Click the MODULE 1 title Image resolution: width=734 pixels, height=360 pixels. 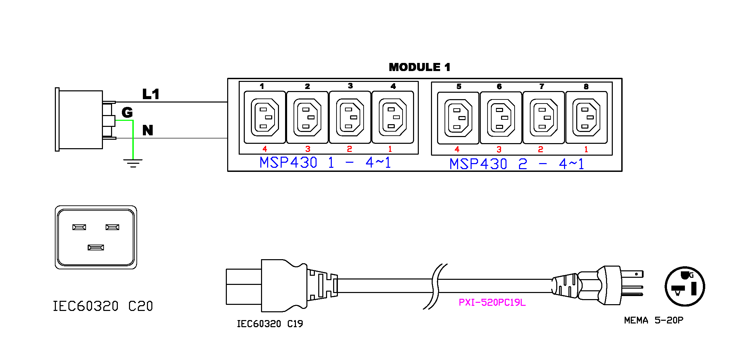(419, 67)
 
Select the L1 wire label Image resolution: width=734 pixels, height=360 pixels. (151, 94)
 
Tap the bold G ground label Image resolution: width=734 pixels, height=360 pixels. (127, 112)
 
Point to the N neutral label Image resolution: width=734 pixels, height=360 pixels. (148, 130)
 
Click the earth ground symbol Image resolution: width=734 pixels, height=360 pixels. (133, 163)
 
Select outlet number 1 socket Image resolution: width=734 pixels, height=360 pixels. (265, 117)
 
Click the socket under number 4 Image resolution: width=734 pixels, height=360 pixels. (393, 117)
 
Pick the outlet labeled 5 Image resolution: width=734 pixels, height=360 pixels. (458, 118)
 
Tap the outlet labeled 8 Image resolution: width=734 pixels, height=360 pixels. (586, 117)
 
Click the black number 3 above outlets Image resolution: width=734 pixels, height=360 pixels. (350, 86)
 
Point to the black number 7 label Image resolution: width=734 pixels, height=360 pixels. (542, 86)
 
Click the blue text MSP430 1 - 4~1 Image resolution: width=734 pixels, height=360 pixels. (325, 162)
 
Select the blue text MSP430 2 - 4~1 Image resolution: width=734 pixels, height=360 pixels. (517, 164)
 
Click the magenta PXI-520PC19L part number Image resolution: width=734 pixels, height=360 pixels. (492, 302)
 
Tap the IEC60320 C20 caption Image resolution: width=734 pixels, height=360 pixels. (103, 306)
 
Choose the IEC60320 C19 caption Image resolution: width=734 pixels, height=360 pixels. (270, 324)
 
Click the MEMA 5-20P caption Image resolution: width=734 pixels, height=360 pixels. (654, 320)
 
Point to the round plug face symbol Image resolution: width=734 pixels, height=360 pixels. (685, 286)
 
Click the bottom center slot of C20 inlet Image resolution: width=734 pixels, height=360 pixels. (96, 248)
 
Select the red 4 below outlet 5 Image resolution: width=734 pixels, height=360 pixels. (457, 149)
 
